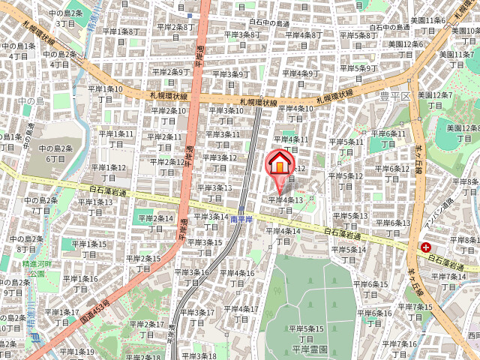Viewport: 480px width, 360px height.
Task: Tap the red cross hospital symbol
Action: pyautogui.click(x=426, y=247)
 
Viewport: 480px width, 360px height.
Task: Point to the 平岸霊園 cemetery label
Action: pyautogui.click(x=307, y=349)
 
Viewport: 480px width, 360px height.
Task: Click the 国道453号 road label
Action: pyautogui.click(x=94, y=312)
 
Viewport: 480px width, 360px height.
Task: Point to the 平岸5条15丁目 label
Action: pyautogui.click(x=307, y=334)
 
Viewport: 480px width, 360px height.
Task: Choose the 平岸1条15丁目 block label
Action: pyautogui.click(x=88, y=249)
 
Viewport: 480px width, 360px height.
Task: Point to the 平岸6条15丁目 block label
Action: pyautogui.click(x=373, y=289)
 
